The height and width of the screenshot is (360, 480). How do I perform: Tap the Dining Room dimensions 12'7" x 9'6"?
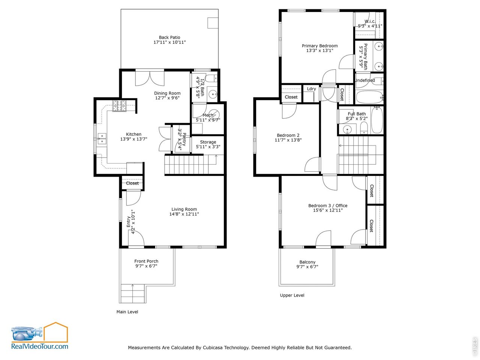coord(167,98)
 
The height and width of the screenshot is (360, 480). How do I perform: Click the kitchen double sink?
coord(102,139)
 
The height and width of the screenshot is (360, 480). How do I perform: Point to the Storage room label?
coord(208,142)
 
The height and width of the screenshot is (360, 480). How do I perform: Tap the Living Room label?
coord(184,209)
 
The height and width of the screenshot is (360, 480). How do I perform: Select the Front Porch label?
coord(146,261)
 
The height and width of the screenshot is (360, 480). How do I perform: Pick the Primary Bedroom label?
coord(319,46)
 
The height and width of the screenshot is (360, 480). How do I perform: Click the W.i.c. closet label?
coord(370,21)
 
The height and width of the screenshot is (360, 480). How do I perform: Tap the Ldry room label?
coord(311,89)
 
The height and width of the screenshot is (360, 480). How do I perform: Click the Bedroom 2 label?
coord(288,135)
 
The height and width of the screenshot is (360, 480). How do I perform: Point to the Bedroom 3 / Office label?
coord(328,205)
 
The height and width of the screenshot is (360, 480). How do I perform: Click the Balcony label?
coord(307,262)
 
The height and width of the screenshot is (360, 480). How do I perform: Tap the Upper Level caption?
coord(292,295)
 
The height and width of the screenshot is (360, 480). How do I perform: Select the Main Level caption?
coord(127,312)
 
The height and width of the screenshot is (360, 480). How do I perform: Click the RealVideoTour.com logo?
coord(39,336)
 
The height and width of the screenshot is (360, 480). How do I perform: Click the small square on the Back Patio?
coord(213,23)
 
